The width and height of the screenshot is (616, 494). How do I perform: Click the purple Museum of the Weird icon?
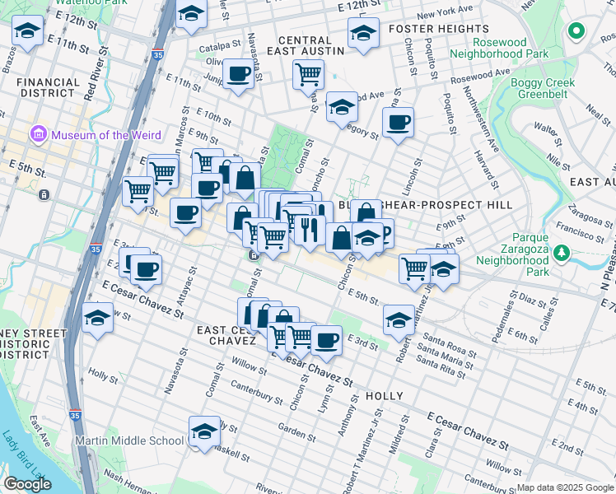(38, 134)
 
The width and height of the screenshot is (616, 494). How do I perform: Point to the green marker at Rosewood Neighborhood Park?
(576, 32)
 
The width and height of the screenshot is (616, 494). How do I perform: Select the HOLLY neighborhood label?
(384, 396)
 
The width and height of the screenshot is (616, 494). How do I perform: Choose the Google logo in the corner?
(27, 484)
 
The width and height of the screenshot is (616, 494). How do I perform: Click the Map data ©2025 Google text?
(565, 487)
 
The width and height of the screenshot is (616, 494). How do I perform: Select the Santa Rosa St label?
(447, 346)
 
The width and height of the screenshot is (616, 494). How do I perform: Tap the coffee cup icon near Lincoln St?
(399, 123)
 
